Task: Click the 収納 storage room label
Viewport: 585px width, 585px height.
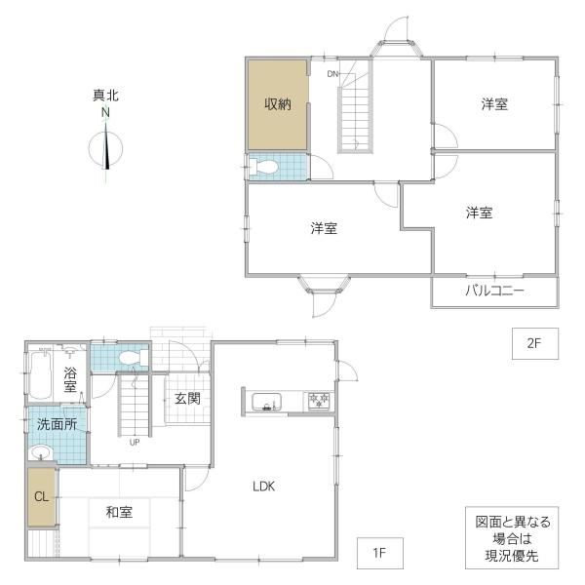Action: click(x=278, y=104)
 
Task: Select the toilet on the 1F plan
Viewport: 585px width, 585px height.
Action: click(x=134, y=358)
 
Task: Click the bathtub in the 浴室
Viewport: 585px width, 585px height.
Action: click(x=40, y=374)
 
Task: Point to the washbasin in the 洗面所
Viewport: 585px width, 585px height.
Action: click(x=41, y=453)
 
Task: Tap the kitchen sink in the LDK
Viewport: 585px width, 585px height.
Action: click(x=267, y=402)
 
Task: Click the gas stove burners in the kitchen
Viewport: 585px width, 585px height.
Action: click(x=319, y=401)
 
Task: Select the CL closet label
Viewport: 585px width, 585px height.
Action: click(x=41, y=496)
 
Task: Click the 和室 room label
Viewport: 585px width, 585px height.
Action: click(x=119, y=512)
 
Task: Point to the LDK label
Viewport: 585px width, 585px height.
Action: click(x=264, y=487)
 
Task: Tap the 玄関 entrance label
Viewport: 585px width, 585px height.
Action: click(x=187, y=399)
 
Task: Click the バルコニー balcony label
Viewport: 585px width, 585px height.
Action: click(x=494, y=291)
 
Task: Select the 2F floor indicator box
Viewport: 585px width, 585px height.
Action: click(x=534, y=343)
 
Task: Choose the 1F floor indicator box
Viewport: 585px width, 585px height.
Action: click(x=380, y=553)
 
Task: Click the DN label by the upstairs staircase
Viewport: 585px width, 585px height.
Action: click(x=332, y=74)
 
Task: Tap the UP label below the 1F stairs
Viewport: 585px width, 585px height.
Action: click(x=135, y=442)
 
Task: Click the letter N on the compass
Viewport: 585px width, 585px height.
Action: click(x=106, y=113)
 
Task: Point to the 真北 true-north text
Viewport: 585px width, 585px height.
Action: click(x=105, y=96)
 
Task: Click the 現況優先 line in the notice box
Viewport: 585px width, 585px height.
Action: click(x=512, y=556)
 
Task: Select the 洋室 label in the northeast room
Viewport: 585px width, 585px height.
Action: click(x=494, y=104)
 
